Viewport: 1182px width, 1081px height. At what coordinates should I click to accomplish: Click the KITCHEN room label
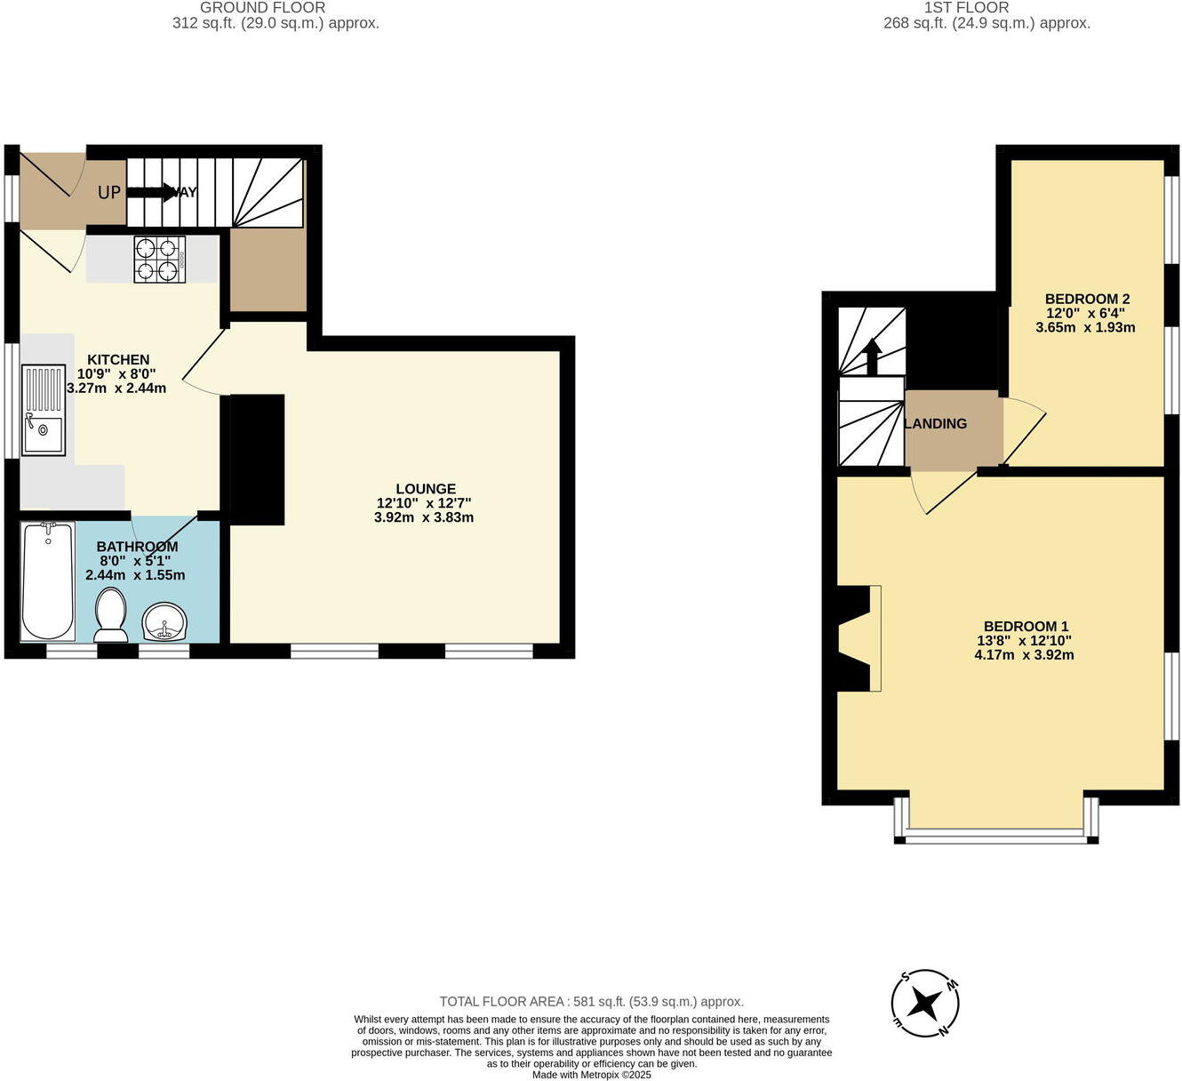point(118,359)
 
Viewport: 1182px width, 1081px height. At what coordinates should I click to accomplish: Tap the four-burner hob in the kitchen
point(160,260)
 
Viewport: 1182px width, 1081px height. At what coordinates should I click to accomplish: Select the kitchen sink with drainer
point(44,410)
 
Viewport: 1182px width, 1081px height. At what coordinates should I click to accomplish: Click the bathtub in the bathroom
point(48,581)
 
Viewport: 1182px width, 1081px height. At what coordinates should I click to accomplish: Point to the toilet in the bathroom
point(111,614)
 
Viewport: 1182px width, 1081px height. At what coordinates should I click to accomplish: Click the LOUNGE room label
point(426,488)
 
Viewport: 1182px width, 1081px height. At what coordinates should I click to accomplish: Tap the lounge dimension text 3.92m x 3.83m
point(424,517)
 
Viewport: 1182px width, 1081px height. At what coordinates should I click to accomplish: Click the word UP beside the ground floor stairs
point(109,192)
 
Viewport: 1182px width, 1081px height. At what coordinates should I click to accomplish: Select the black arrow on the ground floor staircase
point(151,192)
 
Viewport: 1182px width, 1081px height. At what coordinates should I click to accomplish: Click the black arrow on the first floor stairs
point(872,356)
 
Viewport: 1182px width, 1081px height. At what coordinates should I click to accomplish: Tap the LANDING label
point(936,424)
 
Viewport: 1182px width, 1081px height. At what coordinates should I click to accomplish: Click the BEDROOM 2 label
point(1087,299)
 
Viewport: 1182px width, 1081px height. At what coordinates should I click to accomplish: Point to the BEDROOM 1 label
point(1026,626)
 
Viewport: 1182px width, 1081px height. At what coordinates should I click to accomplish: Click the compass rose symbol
point(925,1004)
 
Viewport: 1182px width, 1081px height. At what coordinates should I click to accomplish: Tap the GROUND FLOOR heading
point(262,8)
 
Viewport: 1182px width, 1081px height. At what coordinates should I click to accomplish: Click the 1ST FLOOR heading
point(966,8)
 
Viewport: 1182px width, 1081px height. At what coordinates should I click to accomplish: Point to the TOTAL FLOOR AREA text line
point(592,1001)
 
